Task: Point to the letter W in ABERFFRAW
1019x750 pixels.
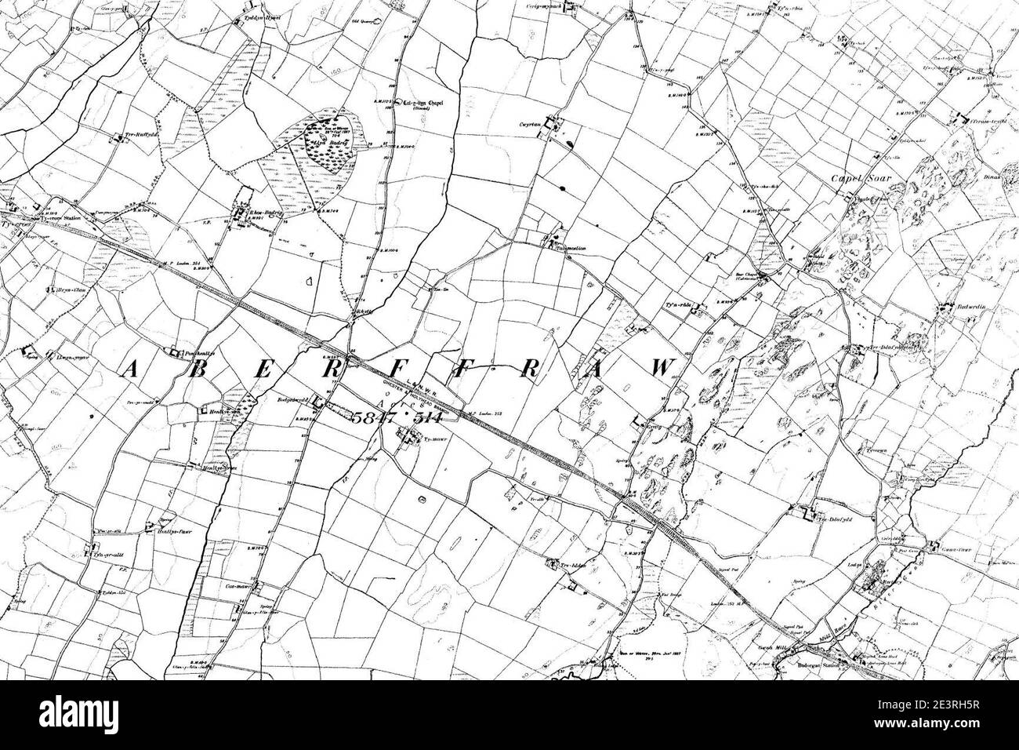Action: pos(663,368)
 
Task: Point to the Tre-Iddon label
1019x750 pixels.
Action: pos(574,563)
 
